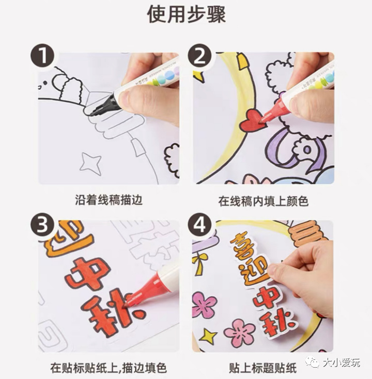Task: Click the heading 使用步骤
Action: pos(186,14)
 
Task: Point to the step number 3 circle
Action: pos(43,225)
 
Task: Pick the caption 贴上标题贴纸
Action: pos(263,368)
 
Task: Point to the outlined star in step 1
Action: pos(90,163)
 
